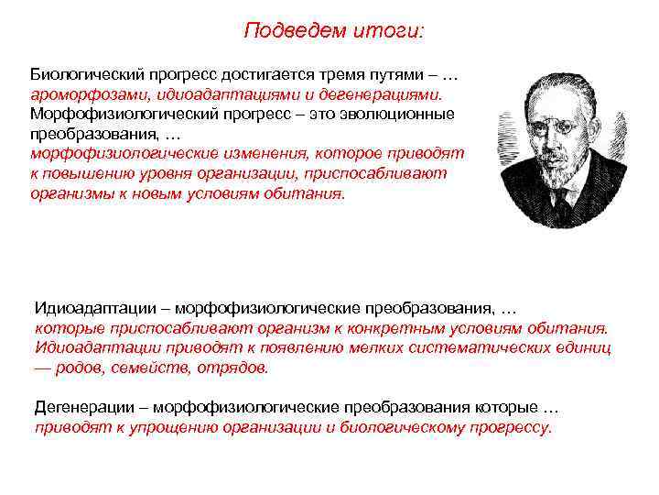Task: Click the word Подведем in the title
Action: pyautogui.click(x=286, y=31)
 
